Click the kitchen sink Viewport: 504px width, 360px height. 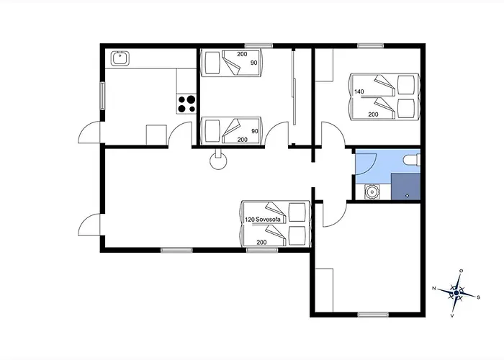[x=120, y=58]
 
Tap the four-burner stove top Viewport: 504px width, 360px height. [x=186, y=104]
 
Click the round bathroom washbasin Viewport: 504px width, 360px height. [x=372, y=192]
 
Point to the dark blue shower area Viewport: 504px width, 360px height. [x=405, y=186]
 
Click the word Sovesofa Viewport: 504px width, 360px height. [x=268, y=220]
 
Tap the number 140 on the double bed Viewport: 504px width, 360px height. [x=359, y=91]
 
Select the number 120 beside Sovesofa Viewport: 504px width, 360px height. [x=250, y=220]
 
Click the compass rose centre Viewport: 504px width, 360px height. [x=456, y=293]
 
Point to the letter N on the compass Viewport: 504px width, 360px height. [x=434, y=288]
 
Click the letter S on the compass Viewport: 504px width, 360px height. [x=478, y=297]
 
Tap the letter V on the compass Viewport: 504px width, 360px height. [x=452, y=315]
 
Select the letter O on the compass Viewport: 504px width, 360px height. [x=461, y=271]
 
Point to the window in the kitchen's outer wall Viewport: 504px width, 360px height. [x=102, y=96]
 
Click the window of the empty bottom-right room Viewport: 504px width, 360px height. [x=373, y=315]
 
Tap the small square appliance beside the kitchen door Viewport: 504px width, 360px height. [x=156, y=135]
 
